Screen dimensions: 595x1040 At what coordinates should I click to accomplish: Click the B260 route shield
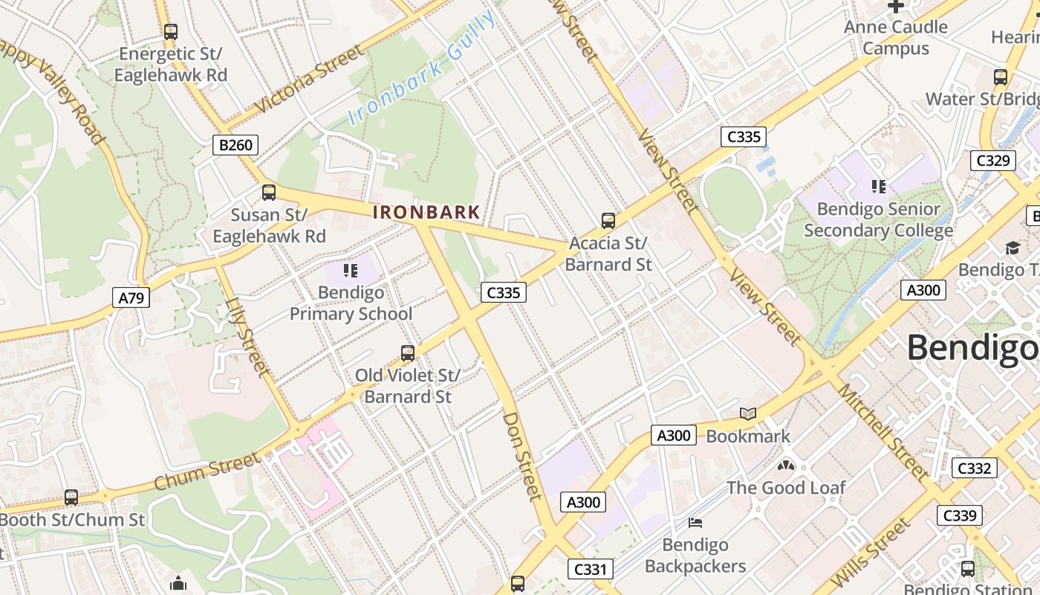click(235, 144)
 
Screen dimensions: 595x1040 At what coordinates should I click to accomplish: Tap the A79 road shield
click(131, 298)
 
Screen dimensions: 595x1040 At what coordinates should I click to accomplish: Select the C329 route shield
click(992, 160)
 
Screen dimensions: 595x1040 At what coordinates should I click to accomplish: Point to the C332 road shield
click(974, 468)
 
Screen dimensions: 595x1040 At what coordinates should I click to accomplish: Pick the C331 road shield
click(591, 570)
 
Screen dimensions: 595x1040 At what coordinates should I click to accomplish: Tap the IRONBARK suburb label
click(426, 212)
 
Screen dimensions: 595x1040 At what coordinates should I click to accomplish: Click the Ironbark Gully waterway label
click(422, 69)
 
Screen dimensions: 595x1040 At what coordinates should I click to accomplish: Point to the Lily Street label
click(247, 335)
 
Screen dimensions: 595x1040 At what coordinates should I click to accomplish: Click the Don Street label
click(523, 455)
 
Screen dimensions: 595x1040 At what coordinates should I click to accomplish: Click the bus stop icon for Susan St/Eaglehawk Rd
click(269, 193)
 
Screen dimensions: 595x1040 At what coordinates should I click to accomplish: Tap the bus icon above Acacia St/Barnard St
click(608, 220)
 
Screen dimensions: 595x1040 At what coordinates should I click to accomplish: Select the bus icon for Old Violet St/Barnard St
click(408, 353)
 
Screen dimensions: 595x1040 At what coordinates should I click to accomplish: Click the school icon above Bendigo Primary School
click(351, 271)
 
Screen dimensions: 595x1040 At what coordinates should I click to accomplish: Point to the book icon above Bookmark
click(748, 414)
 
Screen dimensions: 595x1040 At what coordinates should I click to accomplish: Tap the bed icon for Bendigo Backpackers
click(695, 523)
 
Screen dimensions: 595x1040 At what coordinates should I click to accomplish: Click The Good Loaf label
click(786, 488)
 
